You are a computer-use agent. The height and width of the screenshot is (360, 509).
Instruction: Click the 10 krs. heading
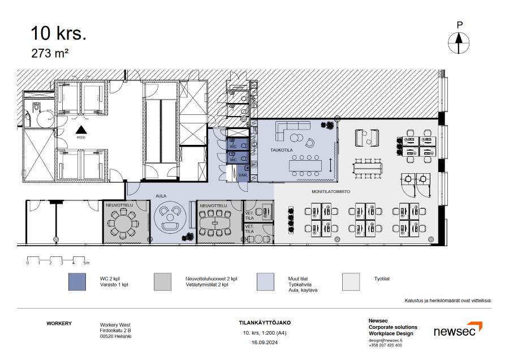tap(58, 33)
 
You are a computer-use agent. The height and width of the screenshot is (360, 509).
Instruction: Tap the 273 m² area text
tap(50, 53)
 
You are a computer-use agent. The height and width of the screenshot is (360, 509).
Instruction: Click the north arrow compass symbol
tap(459, 43)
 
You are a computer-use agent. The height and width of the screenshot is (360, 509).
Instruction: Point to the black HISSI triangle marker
tap(81, 130)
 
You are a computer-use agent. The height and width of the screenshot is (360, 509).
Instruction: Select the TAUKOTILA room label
tap(282, 150)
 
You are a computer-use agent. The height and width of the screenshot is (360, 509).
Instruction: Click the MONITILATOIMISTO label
tap(331, 192)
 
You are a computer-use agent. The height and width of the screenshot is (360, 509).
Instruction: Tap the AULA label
tap(161, 196)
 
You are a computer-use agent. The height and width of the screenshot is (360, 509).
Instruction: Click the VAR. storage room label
tap(243, 175)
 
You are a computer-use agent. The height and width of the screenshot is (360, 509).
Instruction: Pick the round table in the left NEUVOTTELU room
tap(123, 223)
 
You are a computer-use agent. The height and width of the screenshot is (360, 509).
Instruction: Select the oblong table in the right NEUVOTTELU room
tap(214, 223)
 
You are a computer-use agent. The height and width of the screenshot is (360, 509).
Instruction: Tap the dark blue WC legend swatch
tap(77, 282)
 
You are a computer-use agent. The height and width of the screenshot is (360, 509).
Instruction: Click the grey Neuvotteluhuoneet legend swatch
tap(163, 282)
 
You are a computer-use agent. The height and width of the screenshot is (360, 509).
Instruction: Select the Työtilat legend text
tap(382, 278)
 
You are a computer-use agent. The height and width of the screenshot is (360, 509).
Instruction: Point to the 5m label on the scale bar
tap(87, 263)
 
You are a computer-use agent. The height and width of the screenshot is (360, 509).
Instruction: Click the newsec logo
tap(458, 329)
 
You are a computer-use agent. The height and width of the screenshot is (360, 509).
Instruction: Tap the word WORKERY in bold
tap(59, 323)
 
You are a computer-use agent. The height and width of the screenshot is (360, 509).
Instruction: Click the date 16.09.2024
tap(265, 342)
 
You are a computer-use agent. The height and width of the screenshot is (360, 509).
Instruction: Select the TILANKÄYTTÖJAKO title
tap(265, 323)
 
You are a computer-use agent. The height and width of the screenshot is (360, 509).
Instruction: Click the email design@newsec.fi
tap(385, 340)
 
